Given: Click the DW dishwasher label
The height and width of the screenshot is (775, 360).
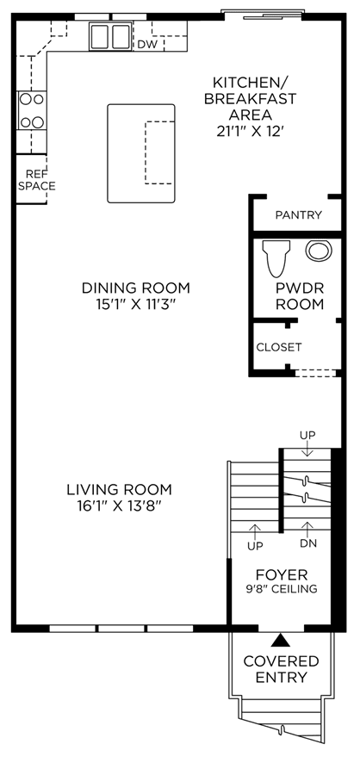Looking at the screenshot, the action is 147,45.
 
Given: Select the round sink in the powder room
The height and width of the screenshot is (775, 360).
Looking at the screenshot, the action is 319,251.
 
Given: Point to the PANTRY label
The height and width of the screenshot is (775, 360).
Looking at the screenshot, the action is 298,215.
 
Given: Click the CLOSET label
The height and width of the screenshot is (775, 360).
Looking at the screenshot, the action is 279,347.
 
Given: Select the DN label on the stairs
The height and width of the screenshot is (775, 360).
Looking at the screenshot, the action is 308,543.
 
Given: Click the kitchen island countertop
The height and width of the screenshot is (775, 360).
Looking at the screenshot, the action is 141,153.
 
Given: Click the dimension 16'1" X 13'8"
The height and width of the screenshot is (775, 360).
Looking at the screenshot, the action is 119,505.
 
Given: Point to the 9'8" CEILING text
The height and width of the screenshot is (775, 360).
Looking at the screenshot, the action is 282,589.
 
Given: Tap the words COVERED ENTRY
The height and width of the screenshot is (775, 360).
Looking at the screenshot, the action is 281,669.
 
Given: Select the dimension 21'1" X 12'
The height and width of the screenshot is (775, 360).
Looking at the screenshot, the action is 250,132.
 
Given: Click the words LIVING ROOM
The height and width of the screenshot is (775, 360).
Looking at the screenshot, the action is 119,490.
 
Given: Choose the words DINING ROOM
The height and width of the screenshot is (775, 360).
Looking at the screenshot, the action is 136,288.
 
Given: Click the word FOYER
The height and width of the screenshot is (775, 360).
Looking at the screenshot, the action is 282,575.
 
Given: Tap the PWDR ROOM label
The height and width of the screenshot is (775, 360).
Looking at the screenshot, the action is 300,296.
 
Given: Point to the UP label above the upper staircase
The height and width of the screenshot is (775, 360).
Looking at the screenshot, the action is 307,435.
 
